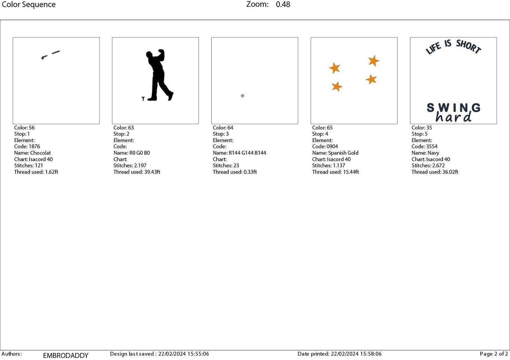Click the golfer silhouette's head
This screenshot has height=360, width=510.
[x=149, y=55]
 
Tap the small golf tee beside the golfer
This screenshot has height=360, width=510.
[x=143, y=99]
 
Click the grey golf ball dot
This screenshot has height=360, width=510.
[x=242, y=96]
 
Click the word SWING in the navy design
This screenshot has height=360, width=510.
[x=454, y=108]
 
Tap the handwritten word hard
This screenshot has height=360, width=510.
[x=453, y=117]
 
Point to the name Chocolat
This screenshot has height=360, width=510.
[x=40, y=153]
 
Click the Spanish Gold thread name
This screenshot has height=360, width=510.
[x=343, y=153]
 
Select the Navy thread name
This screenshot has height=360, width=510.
[x=433, y=153]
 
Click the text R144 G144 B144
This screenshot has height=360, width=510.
[x=247, y=153]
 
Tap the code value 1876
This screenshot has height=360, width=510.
[x=34, y=146]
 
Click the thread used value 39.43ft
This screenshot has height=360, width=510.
[x=152, y=172]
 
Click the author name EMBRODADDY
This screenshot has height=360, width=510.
[x=66, y=355]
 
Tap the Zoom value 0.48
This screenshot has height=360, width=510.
[x=283, y=4]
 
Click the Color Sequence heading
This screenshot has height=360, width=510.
[x=29, y=5]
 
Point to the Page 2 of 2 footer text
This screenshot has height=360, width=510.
[x=494, y=354]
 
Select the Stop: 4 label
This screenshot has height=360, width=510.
[x=320, y=134]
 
